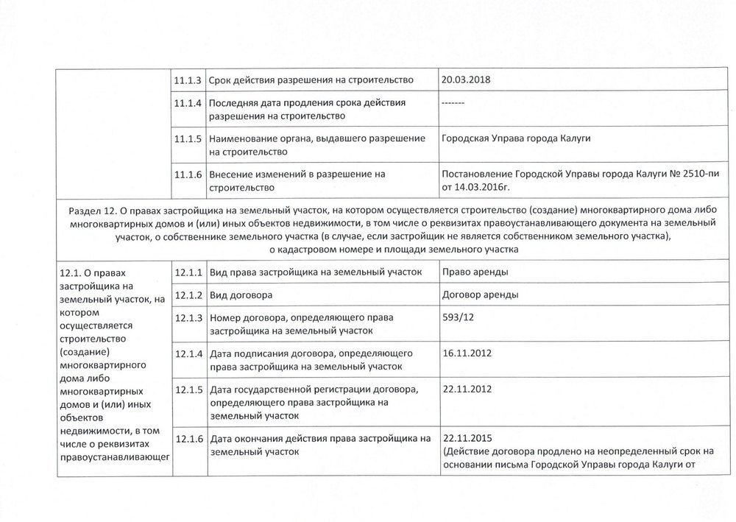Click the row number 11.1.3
(188, 80)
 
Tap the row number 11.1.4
(188, 102)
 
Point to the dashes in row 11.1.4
(451, 102)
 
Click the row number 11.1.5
(188, 139)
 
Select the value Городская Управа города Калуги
(516, 138)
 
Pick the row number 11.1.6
(188, 174)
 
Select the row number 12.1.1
(188, 272)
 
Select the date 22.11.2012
(467, 388)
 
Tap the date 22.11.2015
(467, 437)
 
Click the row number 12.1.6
(188, 439)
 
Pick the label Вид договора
(237, 294)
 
